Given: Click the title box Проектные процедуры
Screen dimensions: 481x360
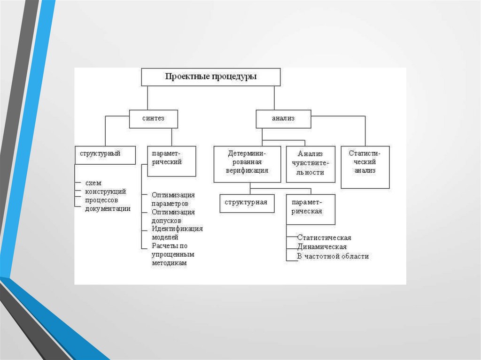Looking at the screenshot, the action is (x=211, y=77).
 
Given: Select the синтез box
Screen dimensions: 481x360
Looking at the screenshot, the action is (x=154, y=119).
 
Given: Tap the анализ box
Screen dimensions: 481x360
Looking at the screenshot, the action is (x=283, y=119).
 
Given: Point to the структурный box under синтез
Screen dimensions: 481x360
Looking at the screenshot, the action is (x=105, y=154).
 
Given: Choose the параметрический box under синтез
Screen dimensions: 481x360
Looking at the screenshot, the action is (x=171, y=161).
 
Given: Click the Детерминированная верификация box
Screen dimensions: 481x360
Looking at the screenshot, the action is (x=248, y=164).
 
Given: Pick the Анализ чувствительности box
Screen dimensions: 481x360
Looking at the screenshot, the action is (x=310, y=164).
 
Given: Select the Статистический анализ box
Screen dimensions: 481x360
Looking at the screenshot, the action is (x=365, y=167).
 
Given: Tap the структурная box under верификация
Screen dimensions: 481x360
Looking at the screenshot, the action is (x=247, y=203).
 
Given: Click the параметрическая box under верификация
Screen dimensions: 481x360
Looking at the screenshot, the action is (x=310, y=209).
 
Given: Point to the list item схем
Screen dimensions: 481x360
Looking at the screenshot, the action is (x=93, y=183).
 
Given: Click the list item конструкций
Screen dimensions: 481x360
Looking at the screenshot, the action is (x=105, y=191).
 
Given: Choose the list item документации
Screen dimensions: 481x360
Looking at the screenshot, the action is (x=108, y=209).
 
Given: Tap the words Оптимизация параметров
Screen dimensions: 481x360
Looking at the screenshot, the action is (x=173, y=199).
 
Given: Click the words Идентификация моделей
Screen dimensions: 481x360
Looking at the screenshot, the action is (x=177, y=233).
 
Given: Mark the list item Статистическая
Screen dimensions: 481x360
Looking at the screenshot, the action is (x=324, y=238).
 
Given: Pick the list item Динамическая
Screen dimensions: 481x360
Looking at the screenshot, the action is (x=322, y=247).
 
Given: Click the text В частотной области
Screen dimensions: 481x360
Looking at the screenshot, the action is (x=333, y=256).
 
